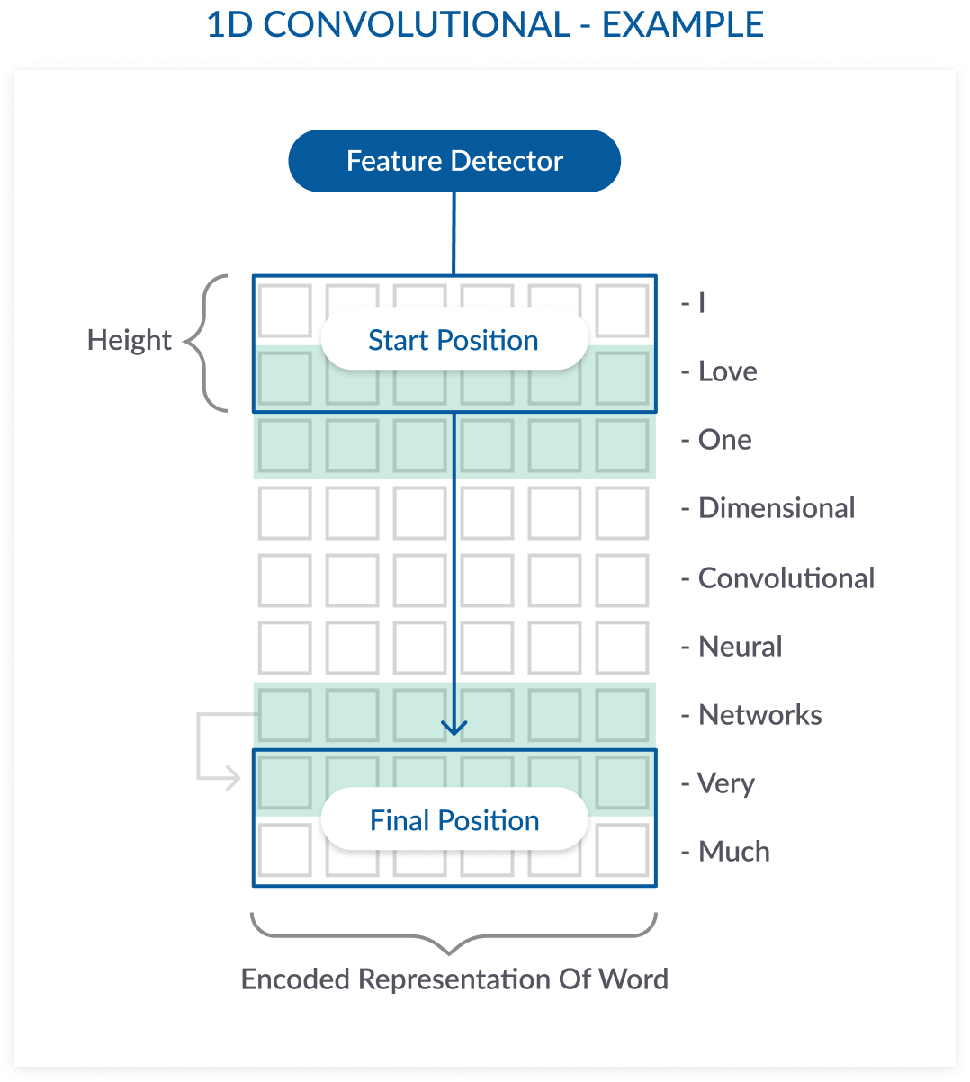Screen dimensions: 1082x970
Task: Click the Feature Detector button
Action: (x=454, y=161)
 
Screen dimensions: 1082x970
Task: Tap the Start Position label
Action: (x=454, y=340)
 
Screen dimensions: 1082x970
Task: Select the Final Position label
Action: (x=454, y=820)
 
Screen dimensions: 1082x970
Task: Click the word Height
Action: (x=130, y=340)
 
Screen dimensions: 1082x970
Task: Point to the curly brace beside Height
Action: (x=205, y=343)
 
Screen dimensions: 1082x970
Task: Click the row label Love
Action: (x=727, y=371)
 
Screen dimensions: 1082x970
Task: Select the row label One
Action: (x=724, y=440)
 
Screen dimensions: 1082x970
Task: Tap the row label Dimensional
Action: (x=776, y=508)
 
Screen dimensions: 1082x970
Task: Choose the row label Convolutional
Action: (x=786, y=577)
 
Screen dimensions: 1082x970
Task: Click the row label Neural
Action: (x=740, y=647)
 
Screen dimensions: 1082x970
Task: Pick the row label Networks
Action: (x=759, y=715)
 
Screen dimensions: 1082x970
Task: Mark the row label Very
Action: (x=725, y=783)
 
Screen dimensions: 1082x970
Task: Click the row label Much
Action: (x=733, y=852)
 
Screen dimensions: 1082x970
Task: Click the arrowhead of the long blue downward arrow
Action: (x=454, y=727)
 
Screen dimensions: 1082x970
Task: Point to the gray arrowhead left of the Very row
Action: (x=232, y=778)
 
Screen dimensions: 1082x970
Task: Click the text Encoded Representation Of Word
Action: (x=454, y=979)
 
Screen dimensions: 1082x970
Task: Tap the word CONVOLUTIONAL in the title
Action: (x=417, y=25)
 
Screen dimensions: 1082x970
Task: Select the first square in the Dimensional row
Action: (x=284, y=513)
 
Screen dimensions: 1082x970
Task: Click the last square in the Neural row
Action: (x=622, y=648)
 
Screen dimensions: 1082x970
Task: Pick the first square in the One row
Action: (x=284, y=445)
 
